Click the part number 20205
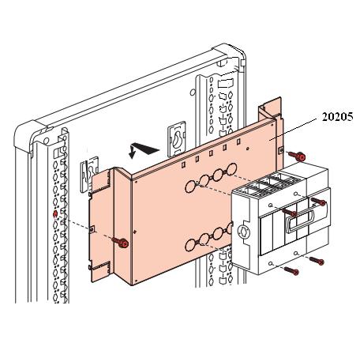[338, 117]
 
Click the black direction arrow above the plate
[144, 150]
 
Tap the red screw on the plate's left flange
[121, 243]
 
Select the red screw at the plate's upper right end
[297, 156]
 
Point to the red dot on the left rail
[55, 214]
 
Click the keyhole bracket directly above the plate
[177, 139]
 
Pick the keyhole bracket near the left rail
[89, 174]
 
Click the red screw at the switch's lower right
[317, 261]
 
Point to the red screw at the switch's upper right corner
[319, 202]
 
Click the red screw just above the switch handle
[290, 212]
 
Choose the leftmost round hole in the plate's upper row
[190, 187]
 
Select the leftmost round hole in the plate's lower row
[190, 245]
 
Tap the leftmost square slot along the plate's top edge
[184, 165]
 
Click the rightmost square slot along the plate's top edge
[238, 141]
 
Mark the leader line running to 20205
[294, 129]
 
